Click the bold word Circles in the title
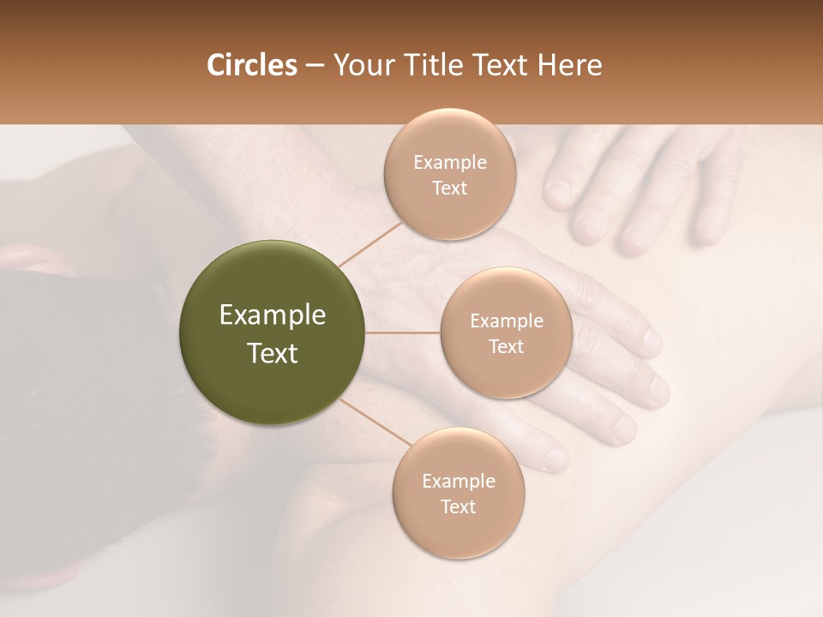tap(251, 65)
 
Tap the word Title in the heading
tap(438, 65)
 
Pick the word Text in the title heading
tap(502, 65)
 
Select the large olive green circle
tap(272, 332)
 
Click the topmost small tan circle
tap(450, 174)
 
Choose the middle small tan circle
tap(506, 332)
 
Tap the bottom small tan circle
tap(458, 493)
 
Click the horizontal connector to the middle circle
tap(403, 332)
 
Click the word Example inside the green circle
tap(272, 315)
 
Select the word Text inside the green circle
tap(272, 353)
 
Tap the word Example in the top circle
tap(450, 162)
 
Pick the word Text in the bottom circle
tap(458, 506)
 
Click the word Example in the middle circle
tap(506, 320)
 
